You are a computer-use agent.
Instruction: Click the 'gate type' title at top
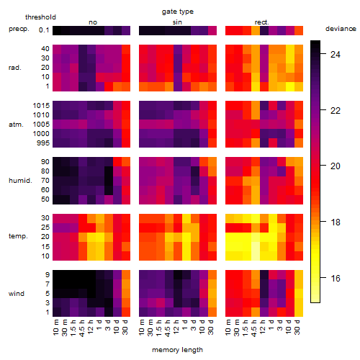pos(178,12)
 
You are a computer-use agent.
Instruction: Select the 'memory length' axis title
pos(177,350)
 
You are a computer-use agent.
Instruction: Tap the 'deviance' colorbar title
pos(341,29)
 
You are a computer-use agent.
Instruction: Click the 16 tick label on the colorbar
pos(336,279)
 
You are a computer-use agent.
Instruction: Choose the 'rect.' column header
pos(261,22)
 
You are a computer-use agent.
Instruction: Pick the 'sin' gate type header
pos(177,22)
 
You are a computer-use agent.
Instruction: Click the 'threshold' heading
pos(40,17)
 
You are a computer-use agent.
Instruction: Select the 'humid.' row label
pos(20,181)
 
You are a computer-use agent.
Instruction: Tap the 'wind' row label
pos(17,294)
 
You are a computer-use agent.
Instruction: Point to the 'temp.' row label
pos(18,236)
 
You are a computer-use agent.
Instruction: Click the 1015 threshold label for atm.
pos(41,106)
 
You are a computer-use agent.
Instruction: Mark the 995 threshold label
pos(43,143)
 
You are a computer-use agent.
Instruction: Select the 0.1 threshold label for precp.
pos(44,30)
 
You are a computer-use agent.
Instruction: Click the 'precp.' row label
pos(19,29)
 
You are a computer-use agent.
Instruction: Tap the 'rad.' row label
pos(15,68)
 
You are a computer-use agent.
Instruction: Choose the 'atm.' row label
pos(16,125)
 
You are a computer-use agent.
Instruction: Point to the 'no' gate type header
pos(93,22)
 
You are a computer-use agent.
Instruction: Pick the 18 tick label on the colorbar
pos(336,222)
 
